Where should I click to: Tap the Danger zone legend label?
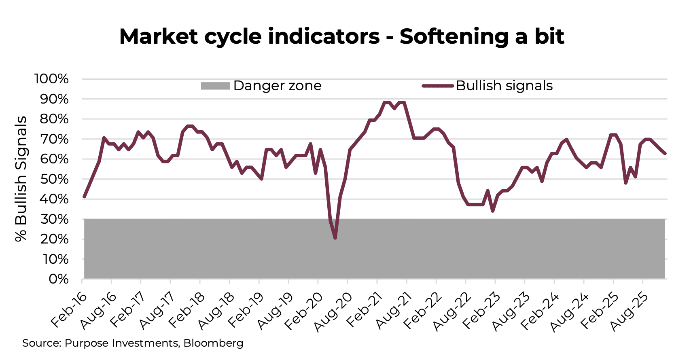[277, 86]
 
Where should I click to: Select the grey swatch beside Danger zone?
[215, 86]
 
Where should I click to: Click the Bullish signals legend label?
[504, 86]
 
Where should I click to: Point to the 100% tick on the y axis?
[51, 79]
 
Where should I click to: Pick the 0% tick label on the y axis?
[59, 279]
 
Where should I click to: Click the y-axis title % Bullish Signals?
[21, 179]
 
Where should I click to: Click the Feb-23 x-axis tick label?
[481, 310]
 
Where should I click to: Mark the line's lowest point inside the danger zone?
[335, 238]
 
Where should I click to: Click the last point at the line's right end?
[665, 153]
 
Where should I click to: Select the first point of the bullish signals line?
[84, 197]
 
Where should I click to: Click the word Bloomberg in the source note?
[213, 343]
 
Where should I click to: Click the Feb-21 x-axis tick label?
[363, 310]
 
